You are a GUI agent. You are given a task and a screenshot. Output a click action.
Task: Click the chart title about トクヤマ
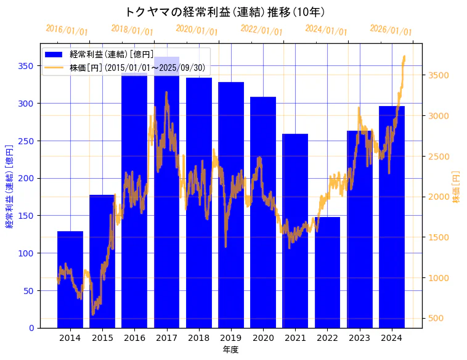[225, 12]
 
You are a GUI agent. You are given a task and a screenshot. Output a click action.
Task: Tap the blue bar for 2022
[327, 272]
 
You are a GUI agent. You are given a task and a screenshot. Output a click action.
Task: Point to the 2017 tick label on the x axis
[166, 338]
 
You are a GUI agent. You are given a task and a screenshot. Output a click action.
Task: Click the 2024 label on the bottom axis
[392, 338]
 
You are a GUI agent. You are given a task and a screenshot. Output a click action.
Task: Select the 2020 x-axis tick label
[263, 338]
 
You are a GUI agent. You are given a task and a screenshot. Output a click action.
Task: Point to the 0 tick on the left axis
[31, 328]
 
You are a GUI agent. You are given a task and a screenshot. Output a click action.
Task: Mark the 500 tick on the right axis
[436, 318]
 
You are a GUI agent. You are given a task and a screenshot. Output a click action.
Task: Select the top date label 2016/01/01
[67, 30]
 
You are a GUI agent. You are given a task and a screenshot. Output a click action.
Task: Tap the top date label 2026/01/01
[391, 30]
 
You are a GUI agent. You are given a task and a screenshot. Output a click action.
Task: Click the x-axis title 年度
[230, 350]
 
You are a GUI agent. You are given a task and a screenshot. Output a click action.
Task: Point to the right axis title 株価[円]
[457, 187]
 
